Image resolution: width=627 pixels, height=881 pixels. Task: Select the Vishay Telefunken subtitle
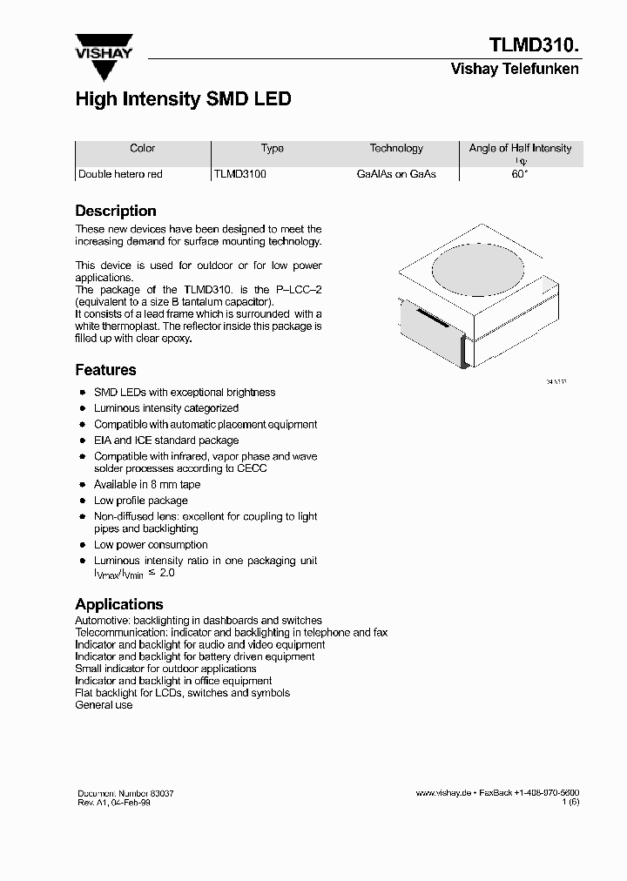514,69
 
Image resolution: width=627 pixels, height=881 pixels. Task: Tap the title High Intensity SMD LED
183,99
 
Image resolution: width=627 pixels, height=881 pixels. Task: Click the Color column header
142,149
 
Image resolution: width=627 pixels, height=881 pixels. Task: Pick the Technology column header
396,149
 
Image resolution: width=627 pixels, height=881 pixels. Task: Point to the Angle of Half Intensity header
520,149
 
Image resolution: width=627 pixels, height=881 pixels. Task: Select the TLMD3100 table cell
240,174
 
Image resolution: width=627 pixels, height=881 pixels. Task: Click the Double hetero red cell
120,174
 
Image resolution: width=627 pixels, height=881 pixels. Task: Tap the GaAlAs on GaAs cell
396,174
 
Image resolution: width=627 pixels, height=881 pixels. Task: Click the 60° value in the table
520,174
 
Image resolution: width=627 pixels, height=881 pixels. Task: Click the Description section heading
116,211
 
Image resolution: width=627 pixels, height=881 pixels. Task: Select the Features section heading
105,370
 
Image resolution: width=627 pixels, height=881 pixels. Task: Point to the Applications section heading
119,604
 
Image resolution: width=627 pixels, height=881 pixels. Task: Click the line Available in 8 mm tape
147,485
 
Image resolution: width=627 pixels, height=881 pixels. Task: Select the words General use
104,705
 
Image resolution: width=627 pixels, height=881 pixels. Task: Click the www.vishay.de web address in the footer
443,793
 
